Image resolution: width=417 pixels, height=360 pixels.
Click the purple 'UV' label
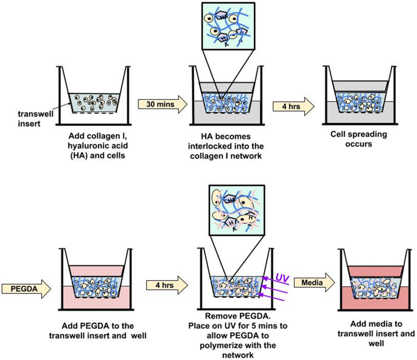tap(281, 278)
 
